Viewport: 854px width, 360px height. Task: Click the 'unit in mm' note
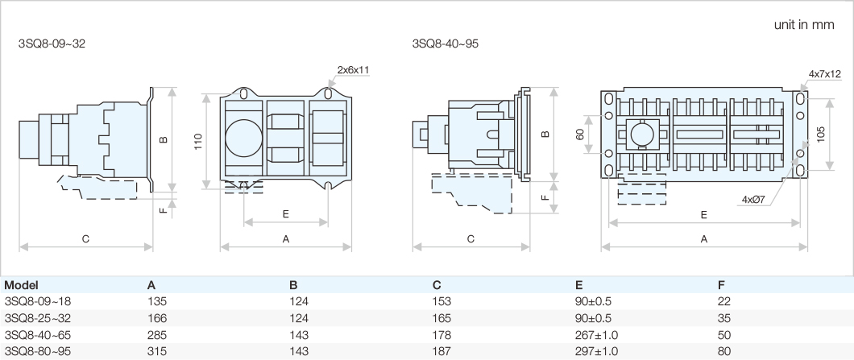(803, 25)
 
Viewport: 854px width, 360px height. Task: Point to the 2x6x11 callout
(353, 70)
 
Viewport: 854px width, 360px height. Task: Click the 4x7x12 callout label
(824, 74)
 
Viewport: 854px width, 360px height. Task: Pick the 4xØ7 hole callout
(754, 199)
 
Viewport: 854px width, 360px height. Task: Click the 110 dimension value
(197, 141)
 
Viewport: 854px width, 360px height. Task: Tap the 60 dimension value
(580, 134)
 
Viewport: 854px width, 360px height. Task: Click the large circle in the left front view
(242, 138)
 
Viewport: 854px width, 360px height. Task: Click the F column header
(720, 285)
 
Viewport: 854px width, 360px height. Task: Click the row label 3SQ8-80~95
(39, 351)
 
